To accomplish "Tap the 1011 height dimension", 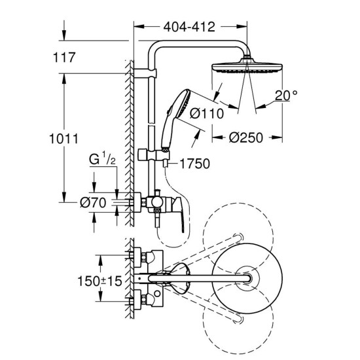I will pyautogui.click(x=63, y=139).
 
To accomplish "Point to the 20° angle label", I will pyautogui.click(x=285, y=95).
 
